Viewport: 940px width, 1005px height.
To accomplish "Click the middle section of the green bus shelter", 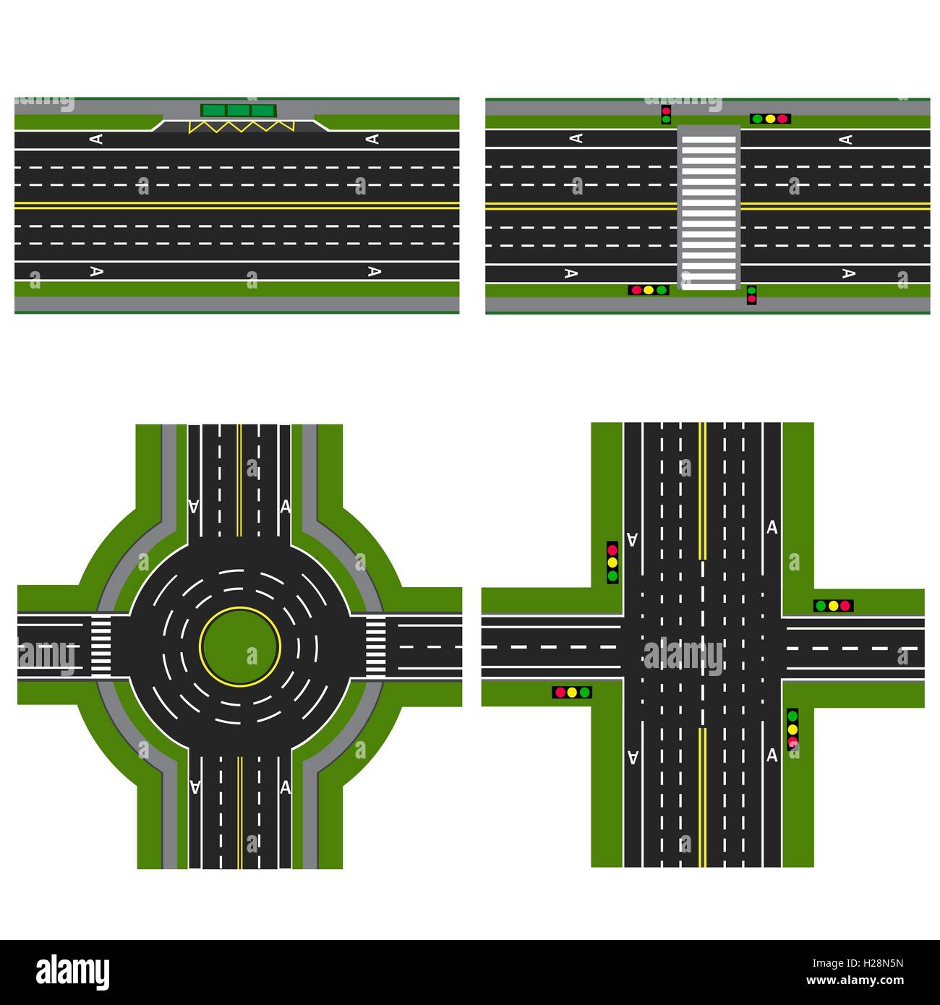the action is click(238, 111).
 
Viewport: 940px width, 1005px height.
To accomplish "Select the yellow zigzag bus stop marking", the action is click(241, 127).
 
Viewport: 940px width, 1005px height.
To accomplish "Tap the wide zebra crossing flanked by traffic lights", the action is click(709, 208).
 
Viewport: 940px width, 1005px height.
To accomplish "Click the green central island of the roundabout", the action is click(240, 646).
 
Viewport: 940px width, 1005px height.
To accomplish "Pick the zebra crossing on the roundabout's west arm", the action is click(101, 646).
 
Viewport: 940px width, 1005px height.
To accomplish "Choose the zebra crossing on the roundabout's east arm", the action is click(375, 646).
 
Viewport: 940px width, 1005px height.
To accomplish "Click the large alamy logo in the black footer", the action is click(72, 972).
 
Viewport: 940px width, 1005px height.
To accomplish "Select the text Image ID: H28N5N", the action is click(858, 963).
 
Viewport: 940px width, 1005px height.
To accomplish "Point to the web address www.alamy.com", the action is click(855, 980).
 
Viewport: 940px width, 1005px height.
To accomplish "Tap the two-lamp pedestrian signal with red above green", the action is click(666, 115).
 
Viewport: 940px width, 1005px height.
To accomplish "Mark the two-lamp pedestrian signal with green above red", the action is click(752, 295).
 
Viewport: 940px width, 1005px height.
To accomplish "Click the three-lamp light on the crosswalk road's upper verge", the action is click(770, 119).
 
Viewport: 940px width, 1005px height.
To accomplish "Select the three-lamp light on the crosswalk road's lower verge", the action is click(649, 290).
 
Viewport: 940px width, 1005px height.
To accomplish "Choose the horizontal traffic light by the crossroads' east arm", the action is click(833, 606).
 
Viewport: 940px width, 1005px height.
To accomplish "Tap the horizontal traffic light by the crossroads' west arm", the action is click(572, 692).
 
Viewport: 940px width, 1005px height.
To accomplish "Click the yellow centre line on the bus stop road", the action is click(237, 205).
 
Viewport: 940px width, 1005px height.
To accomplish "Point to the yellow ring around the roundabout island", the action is click(240, 607).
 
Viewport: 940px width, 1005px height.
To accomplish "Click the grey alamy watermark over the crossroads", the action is click(683, 657).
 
